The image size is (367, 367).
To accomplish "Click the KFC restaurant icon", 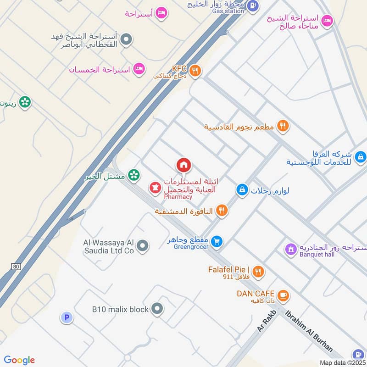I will (195, 70).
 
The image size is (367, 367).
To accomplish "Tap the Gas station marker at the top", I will (253, 6).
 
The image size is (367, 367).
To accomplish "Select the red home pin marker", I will (183, 165).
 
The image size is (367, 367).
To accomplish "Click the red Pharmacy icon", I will (154, 188).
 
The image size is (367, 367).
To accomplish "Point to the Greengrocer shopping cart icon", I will (217, 241).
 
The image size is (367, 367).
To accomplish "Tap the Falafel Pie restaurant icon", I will (258, 272).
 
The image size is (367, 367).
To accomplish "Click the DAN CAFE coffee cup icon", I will (283, 295).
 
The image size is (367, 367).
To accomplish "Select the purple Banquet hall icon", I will (290, 249).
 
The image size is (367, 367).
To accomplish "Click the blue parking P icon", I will (67, 317).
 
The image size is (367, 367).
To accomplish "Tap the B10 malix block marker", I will (157, 309).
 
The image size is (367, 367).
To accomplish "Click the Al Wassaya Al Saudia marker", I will (143, 246).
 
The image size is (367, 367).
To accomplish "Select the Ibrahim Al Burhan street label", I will (309, 331).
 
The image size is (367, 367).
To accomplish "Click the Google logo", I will (19, 360).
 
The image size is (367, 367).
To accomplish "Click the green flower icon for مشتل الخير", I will (133, 175).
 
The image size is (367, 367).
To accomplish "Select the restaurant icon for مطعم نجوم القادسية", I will (283, 126).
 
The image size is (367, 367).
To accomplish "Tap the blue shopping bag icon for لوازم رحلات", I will (242, 189).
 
